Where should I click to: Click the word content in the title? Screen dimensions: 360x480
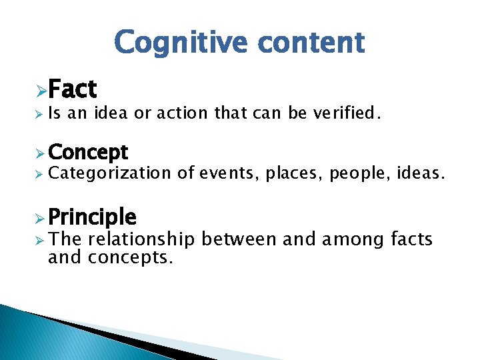click(x=311, y=42)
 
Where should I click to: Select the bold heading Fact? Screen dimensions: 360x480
click(x=73, y=89)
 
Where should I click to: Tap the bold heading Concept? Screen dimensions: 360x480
click(x=88, y=153)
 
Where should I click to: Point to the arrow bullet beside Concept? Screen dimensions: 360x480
click(x=41, y=153)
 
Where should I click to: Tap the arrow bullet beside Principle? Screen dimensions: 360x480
click(x=41, y=217)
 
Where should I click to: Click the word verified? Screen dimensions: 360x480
click(x=347, y=113)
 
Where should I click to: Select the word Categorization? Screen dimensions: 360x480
click(x=110, y=174)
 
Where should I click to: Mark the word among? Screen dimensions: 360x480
click(x=350, y=239)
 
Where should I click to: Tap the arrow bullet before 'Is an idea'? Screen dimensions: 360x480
click(x=40, y=114)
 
